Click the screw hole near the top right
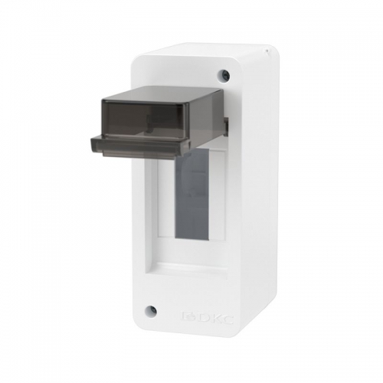[224, 75]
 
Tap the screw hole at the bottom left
[151, 311]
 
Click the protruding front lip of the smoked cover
[138, 146]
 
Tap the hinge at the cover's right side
[225, 119]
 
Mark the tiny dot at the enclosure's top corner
[267, 53]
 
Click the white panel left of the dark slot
[162, 207]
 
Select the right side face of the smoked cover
[207, 123]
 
